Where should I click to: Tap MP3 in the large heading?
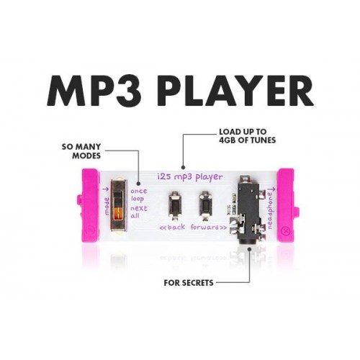95,91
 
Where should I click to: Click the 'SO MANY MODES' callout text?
81,151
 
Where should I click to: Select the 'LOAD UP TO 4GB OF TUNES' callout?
248,136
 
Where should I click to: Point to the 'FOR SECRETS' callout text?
189,283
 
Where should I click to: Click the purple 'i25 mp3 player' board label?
190,177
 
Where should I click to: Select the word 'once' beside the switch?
139,192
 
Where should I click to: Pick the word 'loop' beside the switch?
138,199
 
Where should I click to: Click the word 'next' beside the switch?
139,208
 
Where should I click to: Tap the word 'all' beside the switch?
135,215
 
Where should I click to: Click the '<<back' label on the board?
172,227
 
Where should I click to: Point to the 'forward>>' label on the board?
209,227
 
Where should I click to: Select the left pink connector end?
90,205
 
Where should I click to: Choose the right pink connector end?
287,205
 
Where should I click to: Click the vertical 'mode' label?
107,206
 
